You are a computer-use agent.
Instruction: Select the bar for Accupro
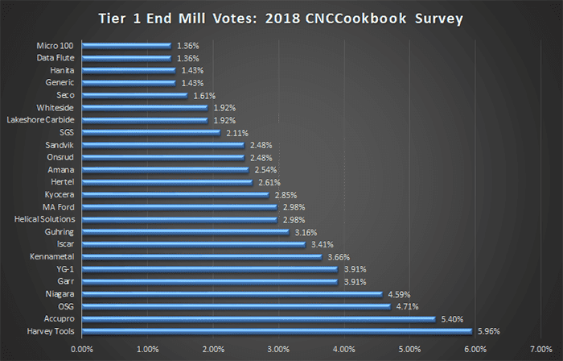(257, 318)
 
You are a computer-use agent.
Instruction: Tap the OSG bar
(235, 306)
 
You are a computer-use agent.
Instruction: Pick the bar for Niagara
(231, 293)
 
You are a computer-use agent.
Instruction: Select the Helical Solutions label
(45, 219)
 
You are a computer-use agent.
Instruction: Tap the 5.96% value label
(488, 330)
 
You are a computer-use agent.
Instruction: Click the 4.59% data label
(398, 293)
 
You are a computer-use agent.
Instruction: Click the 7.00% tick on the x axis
(540, 349)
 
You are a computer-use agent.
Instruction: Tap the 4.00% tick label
(343, 349)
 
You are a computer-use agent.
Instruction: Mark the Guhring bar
(185, 231)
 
